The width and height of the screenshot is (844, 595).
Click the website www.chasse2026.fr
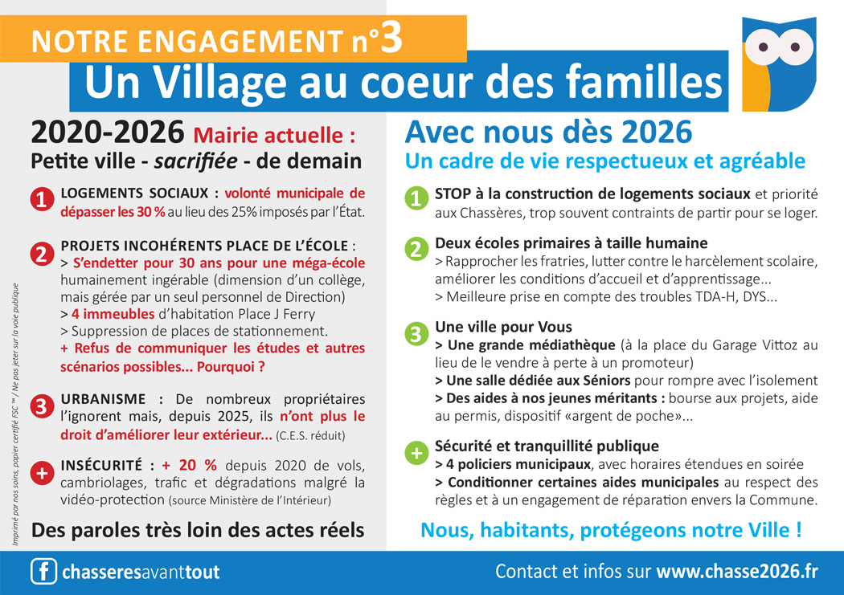pyautogui.click(x=737, y=572)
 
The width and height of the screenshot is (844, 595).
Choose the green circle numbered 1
pyautogui.click(x=416, y=198)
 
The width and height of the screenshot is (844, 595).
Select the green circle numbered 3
pyautogui.click(x=416, y=333)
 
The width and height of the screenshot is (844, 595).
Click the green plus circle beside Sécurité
pyautogui.click(x=416, y=453)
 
